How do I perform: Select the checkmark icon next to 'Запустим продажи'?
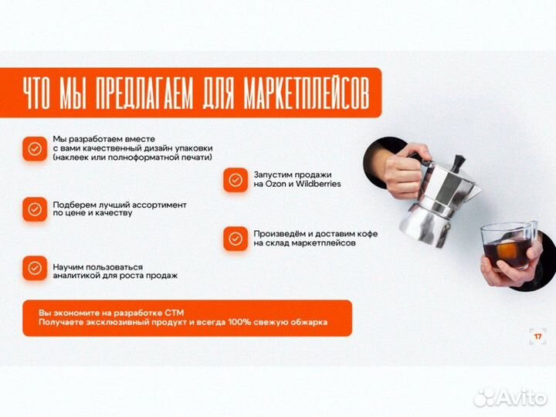[x=236, y=180]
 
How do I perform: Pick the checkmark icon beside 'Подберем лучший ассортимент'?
[x=35, y=209]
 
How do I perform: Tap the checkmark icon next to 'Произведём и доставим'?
[x=236, y=239]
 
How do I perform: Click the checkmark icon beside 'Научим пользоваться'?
[x=35, y=269]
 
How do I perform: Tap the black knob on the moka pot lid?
[x=459, y=163]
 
